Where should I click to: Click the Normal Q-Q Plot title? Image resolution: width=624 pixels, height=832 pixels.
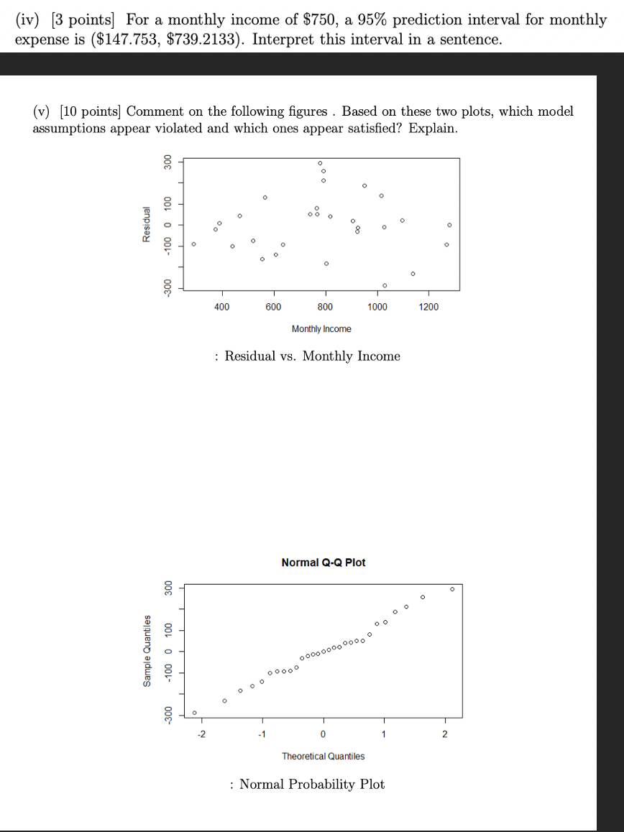[x=323, y=562]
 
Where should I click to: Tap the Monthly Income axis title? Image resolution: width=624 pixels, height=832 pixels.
[x=321, y=329]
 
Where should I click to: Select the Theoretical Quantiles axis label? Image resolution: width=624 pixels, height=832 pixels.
[x=323, y=756]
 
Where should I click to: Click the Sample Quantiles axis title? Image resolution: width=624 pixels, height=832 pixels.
[x=147, y=650]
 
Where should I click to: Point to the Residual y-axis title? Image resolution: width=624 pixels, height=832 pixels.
[x=147, y=225]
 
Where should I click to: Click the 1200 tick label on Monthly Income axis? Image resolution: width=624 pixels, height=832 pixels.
[x=428, y=307]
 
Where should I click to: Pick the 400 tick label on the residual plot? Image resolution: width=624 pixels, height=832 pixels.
[x=222, y=307]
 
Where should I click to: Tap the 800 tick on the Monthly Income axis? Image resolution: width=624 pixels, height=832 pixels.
[x=325, y=307]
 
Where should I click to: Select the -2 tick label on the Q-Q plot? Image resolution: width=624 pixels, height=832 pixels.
[x=201, y=734]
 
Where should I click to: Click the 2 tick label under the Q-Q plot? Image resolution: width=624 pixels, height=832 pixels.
[x=444, y=734]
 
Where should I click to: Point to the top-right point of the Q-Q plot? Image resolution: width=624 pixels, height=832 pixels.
[x=452, y=588]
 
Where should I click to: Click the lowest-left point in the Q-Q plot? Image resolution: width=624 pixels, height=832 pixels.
[x=194, y=713]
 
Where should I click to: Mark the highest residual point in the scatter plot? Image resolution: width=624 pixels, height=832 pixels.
[x=320, y=163]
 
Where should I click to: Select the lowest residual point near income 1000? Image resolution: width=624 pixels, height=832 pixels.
[x=385, y=285]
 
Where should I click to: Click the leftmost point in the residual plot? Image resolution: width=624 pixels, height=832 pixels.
[x=193, y=244]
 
